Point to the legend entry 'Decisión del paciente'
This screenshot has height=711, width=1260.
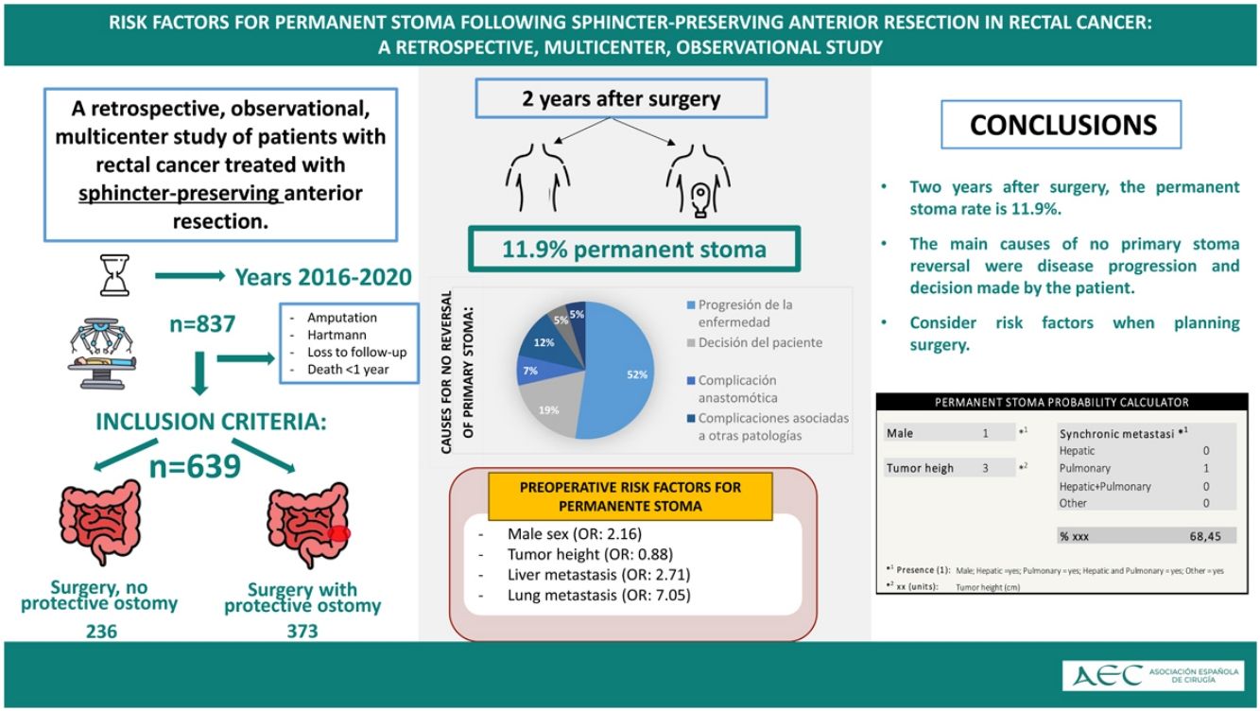760,342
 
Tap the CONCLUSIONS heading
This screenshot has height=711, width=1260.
1063,125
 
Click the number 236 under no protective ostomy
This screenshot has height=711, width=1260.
100,631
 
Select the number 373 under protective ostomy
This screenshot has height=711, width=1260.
302,631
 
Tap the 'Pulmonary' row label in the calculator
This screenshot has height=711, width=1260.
1084,468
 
